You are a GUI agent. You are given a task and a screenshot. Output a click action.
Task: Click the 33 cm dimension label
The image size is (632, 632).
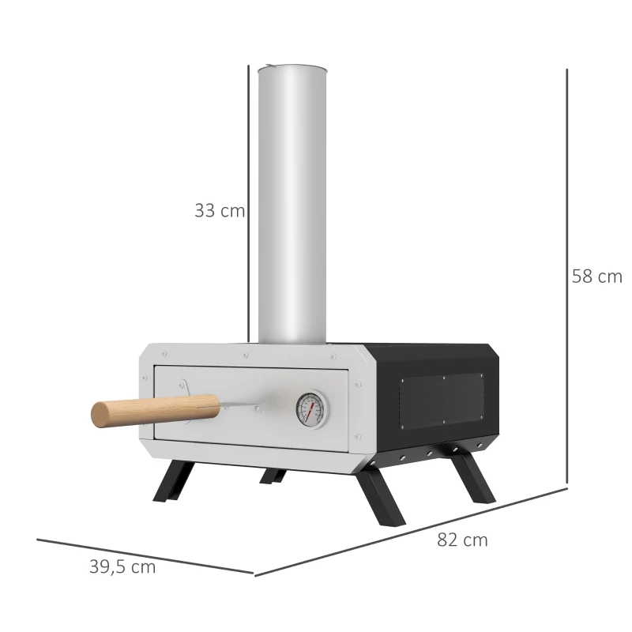click(219, 211)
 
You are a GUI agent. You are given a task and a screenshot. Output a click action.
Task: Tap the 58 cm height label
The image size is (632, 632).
click(596, 276)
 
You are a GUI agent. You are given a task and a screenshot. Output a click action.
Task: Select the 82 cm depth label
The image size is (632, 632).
click(462, 540)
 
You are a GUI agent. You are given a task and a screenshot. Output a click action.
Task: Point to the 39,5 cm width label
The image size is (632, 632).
click(122, 567)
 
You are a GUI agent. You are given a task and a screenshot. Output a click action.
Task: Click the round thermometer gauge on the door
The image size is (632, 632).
click(310, 408)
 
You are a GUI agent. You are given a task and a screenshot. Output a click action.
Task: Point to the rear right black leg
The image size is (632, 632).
click(473, 477)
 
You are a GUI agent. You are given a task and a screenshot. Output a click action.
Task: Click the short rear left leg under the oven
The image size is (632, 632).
click(273, 476)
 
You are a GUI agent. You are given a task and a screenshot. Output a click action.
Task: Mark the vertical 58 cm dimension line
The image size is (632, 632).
click(567, 276)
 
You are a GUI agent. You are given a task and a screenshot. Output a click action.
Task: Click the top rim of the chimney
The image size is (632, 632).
click(292, 68)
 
